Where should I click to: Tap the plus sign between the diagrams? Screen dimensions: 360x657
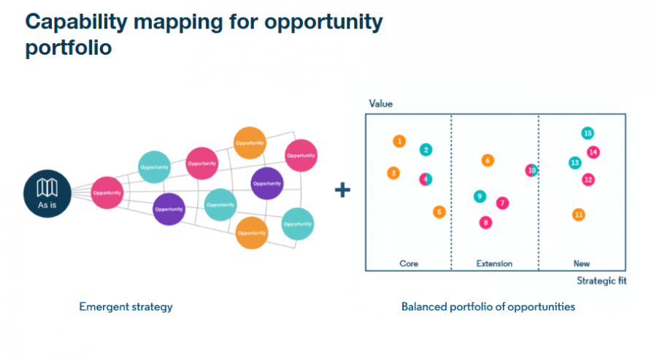[342, 191]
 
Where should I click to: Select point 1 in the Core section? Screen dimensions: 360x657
[399, 141]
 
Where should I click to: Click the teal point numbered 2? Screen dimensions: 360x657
[426, 150]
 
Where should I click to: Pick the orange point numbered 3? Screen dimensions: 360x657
[394, 173]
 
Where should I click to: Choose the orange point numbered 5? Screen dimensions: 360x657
[439, 212]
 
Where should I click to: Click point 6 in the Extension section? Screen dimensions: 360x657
[488, 161]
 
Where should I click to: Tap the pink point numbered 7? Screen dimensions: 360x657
[502, 202]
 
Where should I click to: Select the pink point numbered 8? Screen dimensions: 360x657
[485, 222]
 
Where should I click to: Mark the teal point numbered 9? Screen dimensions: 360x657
[480, 196]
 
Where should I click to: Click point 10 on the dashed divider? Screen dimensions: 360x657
[531, 170]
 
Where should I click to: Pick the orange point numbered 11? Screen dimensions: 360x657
[579, 215]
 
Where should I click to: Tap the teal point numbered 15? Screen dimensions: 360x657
[587, 133]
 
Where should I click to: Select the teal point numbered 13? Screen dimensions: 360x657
[575, 163]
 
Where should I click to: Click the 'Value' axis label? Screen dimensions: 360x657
[380, 104]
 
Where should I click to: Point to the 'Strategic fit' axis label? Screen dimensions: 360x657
[602, 280]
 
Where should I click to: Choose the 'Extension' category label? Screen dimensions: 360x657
[494, 264]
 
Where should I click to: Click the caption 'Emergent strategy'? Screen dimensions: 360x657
[126, 307]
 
